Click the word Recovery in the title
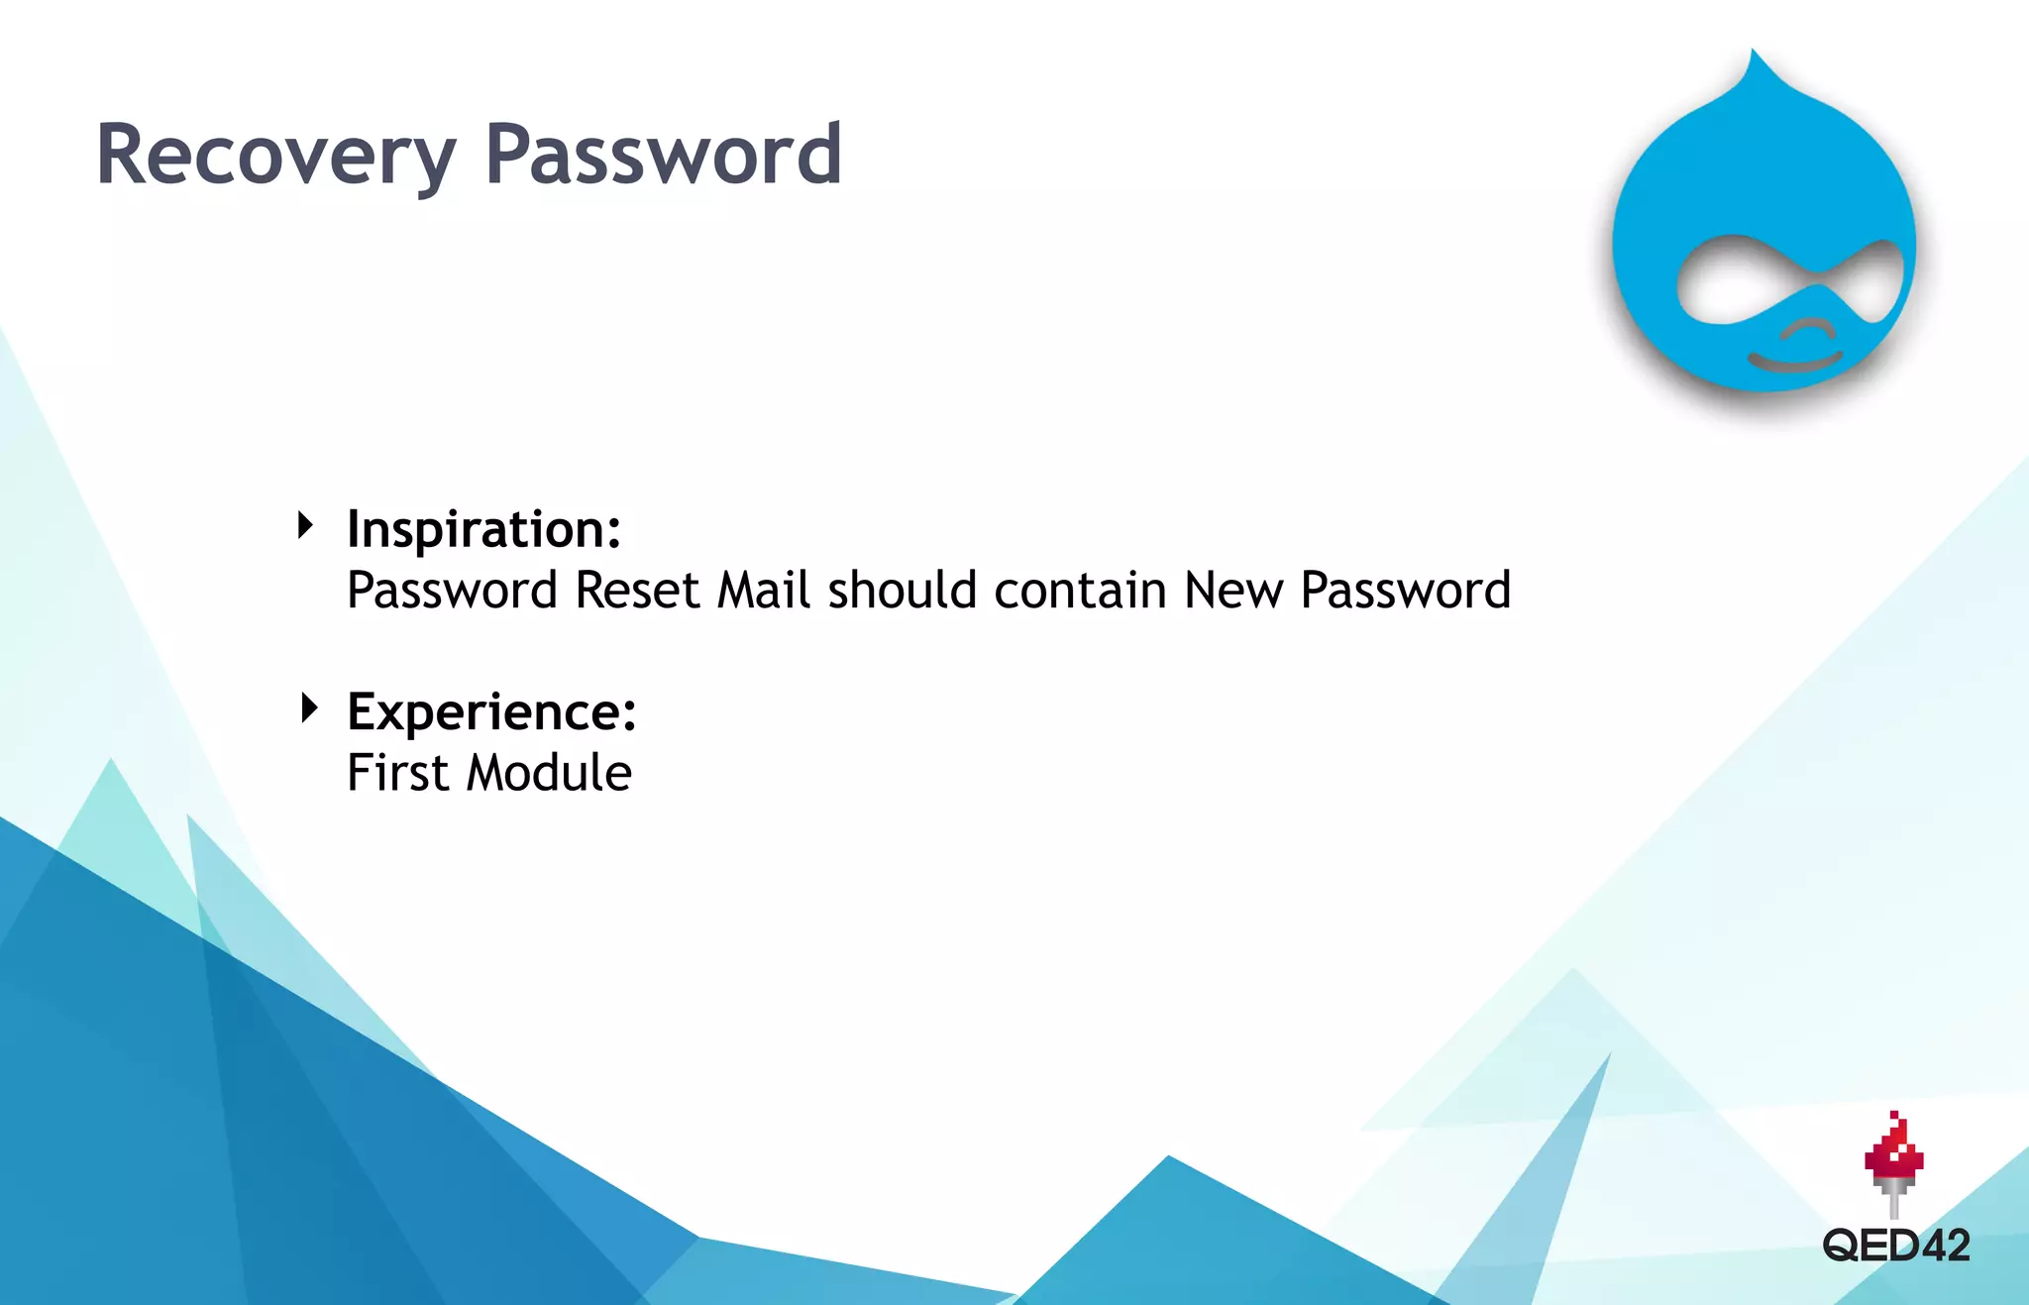pyautogui.click(x=274, y=156)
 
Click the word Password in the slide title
pyautogui.click(x=663, y=156)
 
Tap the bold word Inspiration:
pyautogui.click(x=483, y=529)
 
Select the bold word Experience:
pyautogui.click(x=491, y=711)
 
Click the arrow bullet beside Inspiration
pyautogui.click(x=306, y=525)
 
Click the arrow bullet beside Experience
pyautogui.click(x=309, y=707)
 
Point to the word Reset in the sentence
pyautogui.click(x=637, y=591)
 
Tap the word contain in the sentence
pyautogui.click(x=1080, y=591)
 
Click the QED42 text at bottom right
pyautogui.click(x=1895, y=1246)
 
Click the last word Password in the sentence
pyautogui.click(x=1405, y=591)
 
